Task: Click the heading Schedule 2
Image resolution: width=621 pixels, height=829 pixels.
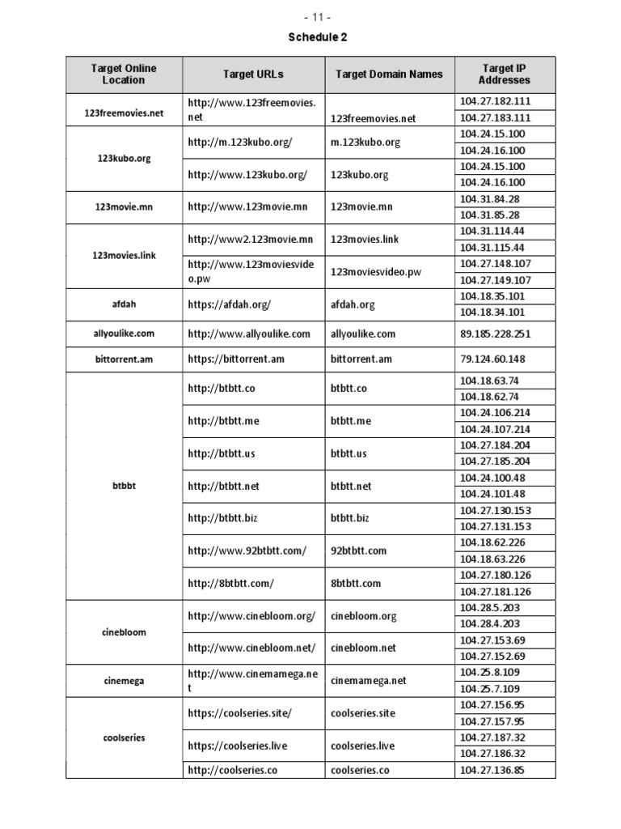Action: pos(310,37)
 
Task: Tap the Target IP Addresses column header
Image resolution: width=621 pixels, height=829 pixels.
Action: pos(505,74)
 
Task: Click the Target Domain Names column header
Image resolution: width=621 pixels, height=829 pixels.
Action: pos(389,74)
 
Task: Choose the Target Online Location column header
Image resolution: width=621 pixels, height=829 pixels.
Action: pos(124,74)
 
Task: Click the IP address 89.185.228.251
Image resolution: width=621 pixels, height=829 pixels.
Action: pos(494,334)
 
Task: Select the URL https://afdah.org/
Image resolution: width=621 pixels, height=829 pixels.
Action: pos(229,305)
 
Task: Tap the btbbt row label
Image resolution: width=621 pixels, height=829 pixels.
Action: pos(124,487)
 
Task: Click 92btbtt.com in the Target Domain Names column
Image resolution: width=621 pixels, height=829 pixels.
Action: pos(358,551)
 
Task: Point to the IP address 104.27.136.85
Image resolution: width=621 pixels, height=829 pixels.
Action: pos(492,770)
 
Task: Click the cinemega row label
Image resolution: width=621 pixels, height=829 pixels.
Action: pos(124,681)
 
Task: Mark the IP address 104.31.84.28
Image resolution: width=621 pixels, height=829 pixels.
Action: pos(489,199)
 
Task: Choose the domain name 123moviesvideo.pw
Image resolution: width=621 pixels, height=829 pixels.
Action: pos(376,272)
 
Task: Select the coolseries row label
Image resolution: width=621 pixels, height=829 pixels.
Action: pos(124,738)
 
